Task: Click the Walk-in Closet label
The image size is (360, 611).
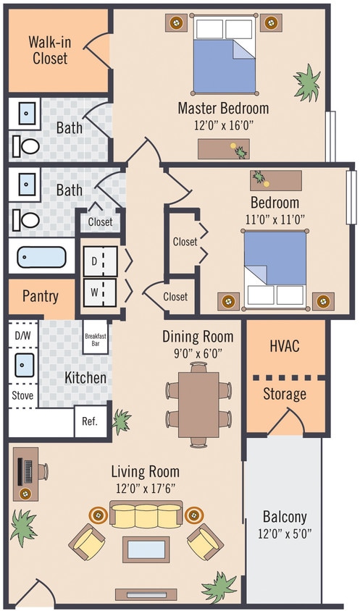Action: point(48,49)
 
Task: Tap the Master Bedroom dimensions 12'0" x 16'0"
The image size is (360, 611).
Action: point(223,125)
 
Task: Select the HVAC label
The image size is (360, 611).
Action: point(285,346)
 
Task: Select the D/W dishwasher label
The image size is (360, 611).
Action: point(22,336)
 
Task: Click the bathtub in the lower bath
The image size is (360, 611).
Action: point(41,258)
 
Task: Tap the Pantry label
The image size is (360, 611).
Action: point(41,296)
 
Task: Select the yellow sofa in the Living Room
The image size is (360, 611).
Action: point(146,515)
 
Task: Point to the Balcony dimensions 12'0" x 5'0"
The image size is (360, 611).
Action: point(284,535)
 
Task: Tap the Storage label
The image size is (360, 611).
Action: point(285,395)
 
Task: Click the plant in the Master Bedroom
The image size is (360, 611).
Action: point(308,82)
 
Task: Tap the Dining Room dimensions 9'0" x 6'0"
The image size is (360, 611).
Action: point(197,354)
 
